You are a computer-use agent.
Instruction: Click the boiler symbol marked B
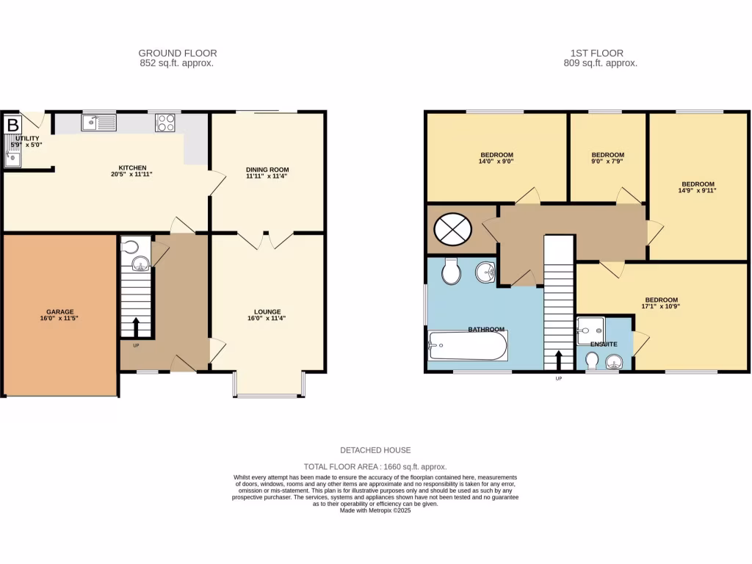point(12,125)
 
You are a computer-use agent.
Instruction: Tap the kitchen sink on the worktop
point(98,123)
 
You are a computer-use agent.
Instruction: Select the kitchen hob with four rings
point(165,123)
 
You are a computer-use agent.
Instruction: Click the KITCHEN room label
point(133,167)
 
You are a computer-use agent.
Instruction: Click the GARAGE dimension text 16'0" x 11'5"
point(59,319)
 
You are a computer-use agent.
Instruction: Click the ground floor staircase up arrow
point(136,327)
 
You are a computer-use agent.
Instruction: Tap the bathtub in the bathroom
point(468,346)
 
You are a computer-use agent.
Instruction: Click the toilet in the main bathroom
point(451,272)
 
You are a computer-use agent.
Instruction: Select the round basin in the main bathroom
point(485,272)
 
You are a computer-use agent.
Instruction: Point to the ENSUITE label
point(603,344)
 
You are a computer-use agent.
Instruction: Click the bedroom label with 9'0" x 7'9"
point(608,155)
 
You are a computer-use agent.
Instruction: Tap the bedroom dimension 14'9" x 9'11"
point(698,190)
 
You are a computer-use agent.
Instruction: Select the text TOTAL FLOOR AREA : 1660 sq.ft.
point(375,466)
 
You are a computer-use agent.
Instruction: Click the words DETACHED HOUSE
point(375,450)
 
